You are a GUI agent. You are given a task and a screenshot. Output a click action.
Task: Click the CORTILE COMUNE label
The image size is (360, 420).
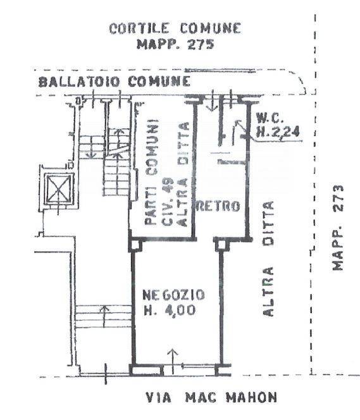tap(175, 28)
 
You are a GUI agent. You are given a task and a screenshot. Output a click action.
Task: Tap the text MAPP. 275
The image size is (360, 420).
tap(175, 44)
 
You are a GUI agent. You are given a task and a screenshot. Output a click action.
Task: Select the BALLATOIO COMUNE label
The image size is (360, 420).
tap(115, 82)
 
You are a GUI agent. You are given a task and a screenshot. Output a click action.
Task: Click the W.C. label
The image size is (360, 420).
tap(269, 117)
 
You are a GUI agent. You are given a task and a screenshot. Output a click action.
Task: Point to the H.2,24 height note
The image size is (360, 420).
tap(278, 132)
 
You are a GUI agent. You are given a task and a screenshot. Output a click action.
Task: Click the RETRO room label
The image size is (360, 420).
tap(218, 206)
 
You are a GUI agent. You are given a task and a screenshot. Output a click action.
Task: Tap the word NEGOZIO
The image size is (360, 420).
tap(173, 295)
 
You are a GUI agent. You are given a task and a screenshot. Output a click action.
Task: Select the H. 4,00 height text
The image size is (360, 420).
tap(170, 311)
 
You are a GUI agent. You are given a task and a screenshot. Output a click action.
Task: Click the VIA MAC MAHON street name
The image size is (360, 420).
tap(211, 397)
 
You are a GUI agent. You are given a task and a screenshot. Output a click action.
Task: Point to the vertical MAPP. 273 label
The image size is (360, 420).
tap(337, 228)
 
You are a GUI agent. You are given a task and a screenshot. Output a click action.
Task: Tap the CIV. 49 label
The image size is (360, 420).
tap(168, 202)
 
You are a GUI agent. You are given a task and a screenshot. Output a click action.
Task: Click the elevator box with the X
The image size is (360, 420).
tap(59, 188)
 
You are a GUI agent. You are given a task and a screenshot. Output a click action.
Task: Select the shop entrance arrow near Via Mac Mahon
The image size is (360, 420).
tap(173, 361)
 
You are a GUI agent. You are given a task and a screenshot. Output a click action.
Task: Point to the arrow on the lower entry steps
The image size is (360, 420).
tap(104, 316)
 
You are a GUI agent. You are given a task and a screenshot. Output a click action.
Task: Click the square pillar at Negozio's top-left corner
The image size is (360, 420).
tap(136, 245)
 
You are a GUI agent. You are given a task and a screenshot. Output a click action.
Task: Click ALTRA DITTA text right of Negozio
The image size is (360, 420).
tap(268, 259)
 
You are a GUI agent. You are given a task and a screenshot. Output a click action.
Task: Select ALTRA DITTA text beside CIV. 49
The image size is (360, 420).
tap(183, 175)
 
